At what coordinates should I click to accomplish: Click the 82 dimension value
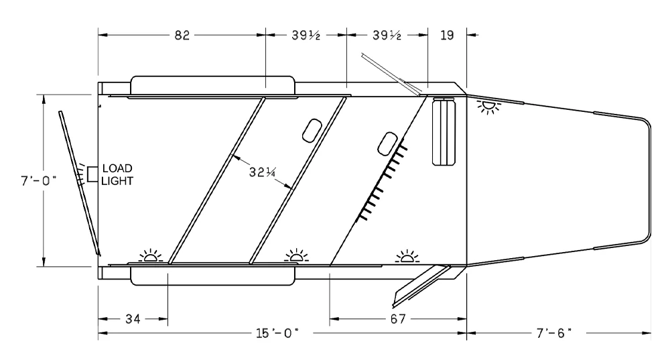(182, 35)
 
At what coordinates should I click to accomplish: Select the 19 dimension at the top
(447, 35)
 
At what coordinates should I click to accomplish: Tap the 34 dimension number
(133, 319)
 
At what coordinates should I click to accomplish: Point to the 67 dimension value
(397, 319)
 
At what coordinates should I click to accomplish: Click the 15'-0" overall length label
(277, 333)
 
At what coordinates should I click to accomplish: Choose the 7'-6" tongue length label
(554, 333)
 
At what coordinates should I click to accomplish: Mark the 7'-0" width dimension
(38, 181)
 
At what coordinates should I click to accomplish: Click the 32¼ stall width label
(262, 172)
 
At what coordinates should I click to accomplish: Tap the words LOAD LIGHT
(117, 174)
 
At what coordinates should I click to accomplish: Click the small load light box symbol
(92, 175)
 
